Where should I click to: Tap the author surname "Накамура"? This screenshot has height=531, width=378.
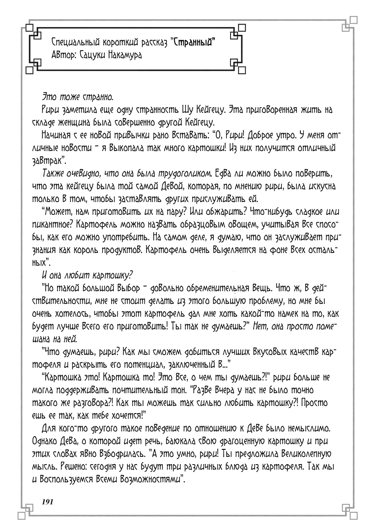pyautogui.click(x=122, y=55)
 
